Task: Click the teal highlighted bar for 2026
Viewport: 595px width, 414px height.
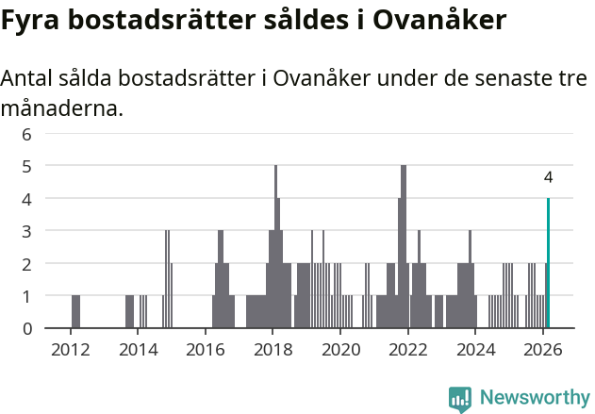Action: (548, 263)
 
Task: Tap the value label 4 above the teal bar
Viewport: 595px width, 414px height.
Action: (548, 177)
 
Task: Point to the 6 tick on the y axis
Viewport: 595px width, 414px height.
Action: (27, 134)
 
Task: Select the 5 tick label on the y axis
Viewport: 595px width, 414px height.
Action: (27, 166)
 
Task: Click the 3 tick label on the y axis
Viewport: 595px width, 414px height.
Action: (27, 231)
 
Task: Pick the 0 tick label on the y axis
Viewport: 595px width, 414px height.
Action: (27, 328)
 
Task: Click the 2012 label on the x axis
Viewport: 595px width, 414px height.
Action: (70, 350)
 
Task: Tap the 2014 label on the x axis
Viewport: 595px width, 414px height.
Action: (138, 350)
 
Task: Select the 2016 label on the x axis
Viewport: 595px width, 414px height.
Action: (205, 350)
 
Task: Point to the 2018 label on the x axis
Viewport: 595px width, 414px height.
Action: (273, 350)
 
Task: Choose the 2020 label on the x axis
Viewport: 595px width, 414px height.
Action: (340, 350)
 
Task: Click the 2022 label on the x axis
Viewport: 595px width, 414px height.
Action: (408, 350)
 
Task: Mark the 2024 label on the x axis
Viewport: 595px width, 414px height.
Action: (475, 350)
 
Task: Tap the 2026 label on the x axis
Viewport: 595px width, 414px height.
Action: (543, 350)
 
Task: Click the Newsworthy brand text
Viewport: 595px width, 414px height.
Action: (534, 398)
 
